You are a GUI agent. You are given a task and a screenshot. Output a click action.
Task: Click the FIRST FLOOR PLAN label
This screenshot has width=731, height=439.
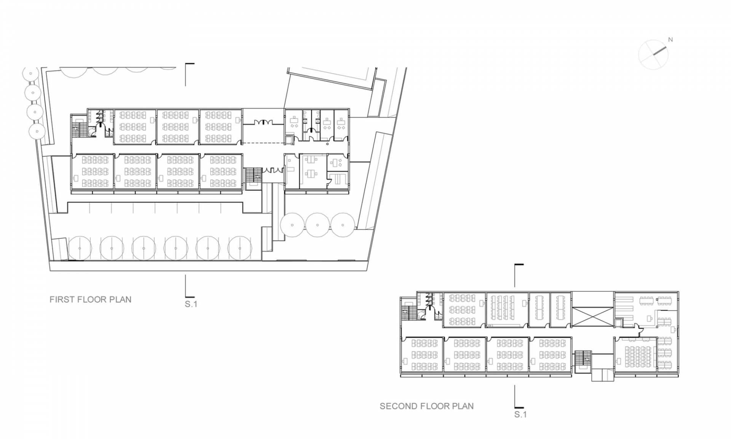90,300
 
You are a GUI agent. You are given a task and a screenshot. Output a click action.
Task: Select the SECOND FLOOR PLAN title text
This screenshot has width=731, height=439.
427,406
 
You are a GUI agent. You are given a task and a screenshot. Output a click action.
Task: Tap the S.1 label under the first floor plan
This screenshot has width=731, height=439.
191,304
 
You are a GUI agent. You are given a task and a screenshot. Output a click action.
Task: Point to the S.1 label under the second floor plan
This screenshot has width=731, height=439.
520,415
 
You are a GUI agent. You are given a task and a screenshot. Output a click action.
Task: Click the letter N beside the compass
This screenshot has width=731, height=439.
670,40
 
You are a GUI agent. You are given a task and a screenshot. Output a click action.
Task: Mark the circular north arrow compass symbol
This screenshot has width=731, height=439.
653,54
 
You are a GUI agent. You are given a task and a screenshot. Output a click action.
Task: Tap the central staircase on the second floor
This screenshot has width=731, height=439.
582,360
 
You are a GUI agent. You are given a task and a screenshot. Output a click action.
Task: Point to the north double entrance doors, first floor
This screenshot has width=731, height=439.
263,122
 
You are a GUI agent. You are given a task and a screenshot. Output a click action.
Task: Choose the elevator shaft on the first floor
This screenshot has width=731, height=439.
289,139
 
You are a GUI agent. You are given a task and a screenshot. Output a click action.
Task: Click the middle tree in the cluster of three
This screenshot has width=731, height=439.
318,225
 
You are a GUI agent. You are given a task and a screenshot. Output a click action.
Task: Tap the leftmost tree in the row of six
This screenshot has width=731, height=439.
80,248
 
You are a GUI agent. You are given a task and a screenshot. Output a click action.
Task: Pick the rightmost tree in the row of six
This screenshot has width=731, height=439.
240,248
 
